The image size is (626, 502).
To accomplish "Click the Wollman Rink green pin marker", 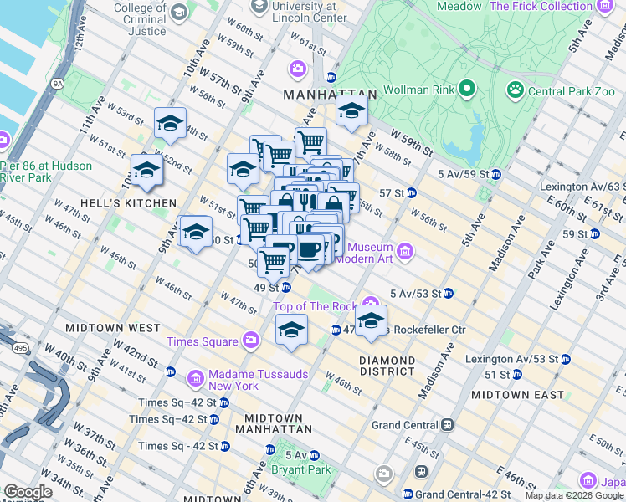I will [x=467, y=89].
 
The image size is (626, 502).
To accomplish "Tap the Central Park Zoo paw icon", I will [x=515, y=89].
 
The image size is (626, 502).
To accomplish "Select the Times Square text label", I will [x=202, y=341].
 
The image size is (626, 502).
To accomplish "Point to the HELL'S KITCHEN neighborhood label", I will [x=128, y=203].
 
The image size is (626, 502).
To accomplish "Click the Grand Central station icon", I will [x=448, y=424].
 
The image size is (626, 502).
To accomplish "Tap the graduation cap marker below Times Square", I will [x=291, y=330].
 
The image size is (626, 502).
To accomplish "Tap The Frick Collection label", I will [x=541, y=7].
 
